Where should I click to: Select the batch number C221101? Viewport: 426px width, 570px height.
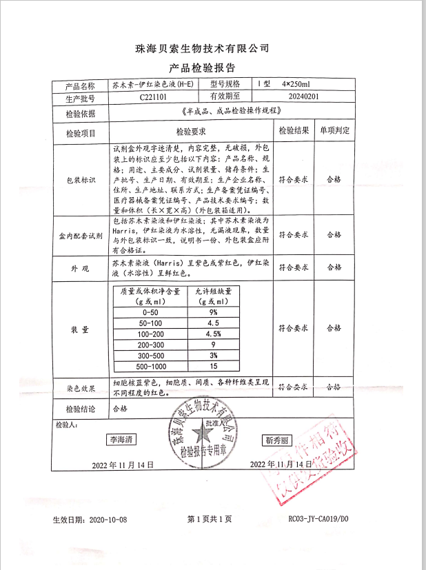tap(153, 97)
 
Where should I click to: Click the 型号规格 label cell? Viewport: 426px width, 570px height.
tap(221, 85)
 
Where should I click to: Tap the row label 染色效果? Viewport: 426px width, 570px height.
tap(81, 387)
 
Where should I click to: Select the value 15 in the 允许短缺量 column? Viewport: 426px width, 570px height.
tap(213, 366)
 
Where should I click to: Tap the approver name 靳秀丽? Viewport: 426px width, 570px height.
tap(277, 439)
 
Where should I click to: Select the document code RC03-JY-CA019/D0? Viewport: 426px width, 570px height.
tap(318, 519)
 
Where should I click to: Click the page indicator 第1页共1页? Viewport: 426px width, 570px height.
tap(210, 519)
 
